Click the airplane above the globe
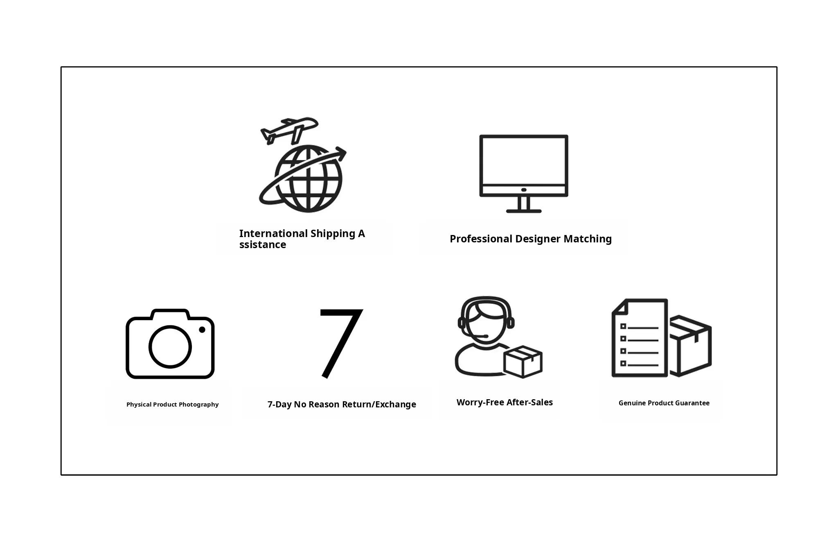click(x=289, y=131)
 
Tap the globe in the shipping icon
click(x=308, y=179)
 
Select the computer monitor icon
click(x=524, y=174)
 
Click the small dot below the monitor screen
click(x=524, y=190)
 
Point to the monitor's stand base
click(x=524, y=211)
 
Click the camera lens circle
click(x=170, y=347)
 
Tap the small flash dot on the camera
click(x=202, y=330)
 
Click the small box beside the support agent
click(x=523, y=362)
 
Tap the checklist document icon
click(x=640, y=338)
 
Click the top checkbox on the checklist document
click(x=623, y=326)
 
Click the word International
click(x=273, y=234)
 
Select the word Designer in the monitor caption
click(x=538, y=239)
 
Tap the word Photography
click(x=198, y=405)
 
